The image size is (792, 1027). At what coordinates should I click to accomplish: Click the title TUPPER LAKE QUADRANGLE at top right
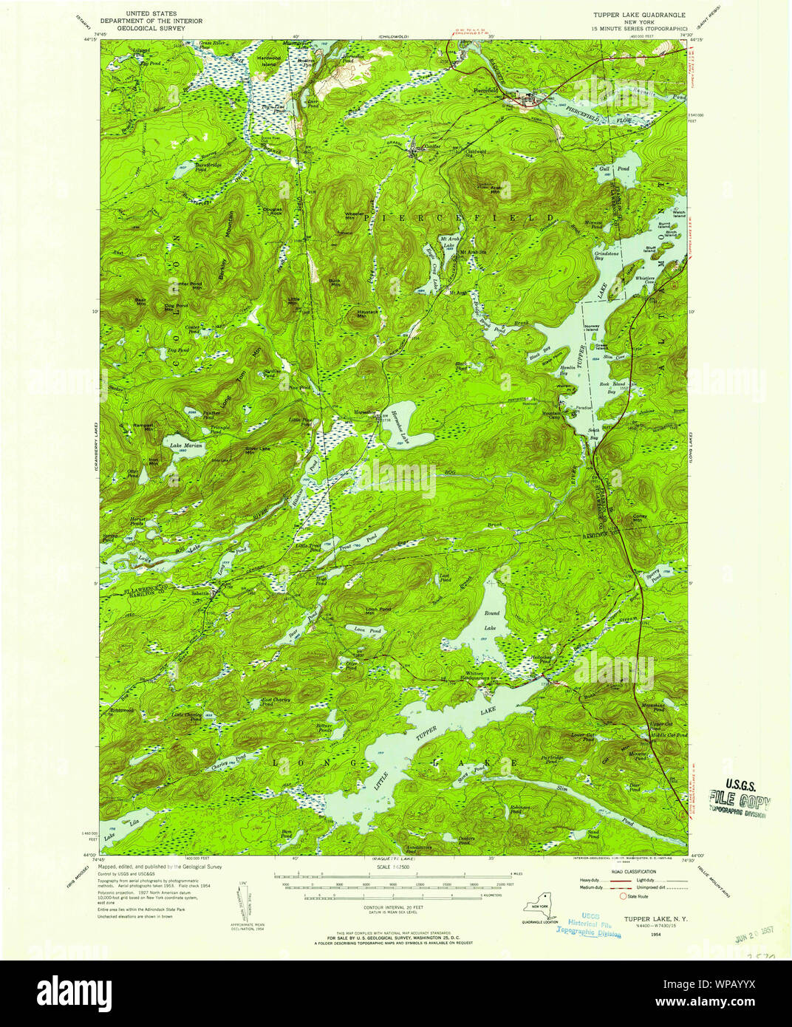coord(638,14)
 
